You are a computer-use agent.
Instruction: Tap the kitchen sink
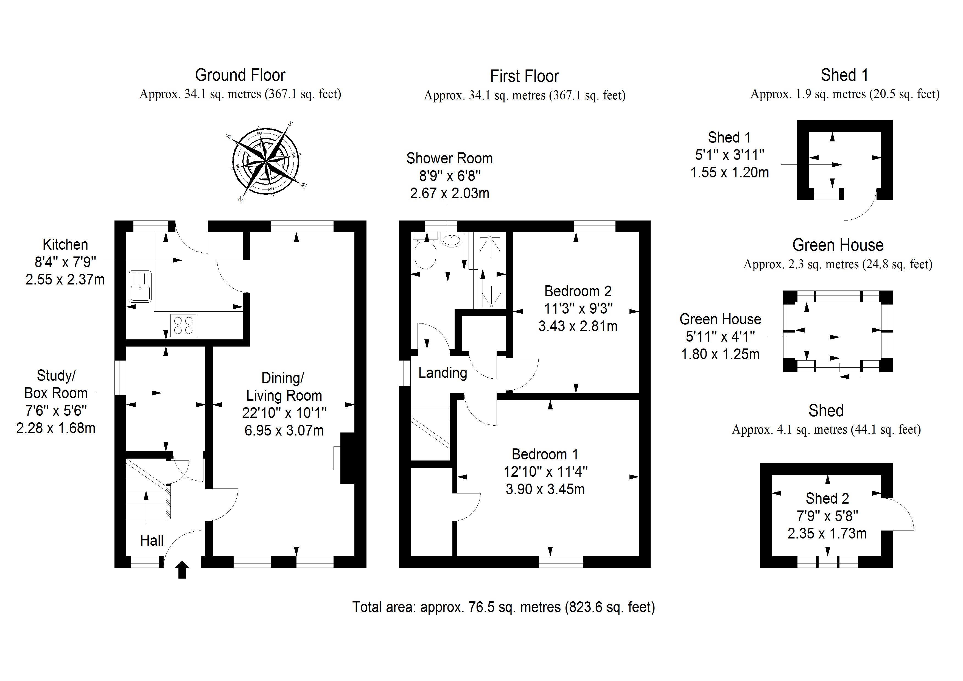click(140, 287)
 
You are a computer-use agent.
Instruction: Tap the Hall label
click(152, 540)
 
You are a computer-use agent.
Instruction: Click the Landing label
click(443, 373)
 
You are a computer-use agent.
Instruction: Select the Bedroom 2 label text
click(578, 291)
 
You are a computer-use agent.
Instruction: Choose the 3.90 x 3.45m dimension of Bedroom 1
click(545, 489)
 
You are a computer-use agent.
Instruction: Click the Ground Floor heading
click(240, 75)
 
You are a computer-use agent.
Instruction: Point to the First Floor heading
click(524, 76)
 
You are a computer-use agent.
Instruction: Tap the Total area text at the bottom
click(503, 607)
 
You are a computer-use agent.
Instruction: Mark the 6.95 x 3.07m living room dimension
click(284, 431)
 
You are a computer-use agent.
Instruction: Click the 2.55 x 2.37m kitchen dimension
click(65, 280)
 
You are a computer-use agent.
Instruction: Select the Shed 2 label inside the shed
click(827, 498)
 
